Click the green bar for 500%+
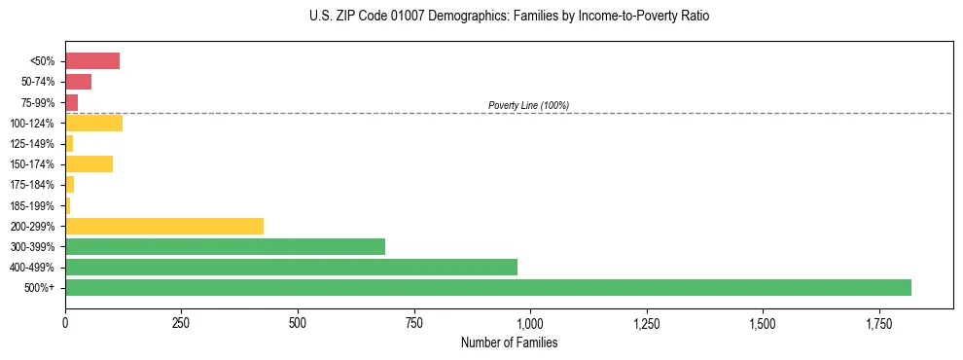click(x=488, y=287)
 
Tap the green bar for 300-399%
click(x=225, y=246)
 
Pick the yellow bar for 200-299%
click(x=164, y=226)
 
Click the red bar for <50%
click(x=92, y=61)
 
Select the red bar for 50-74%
click(x=78, y=82)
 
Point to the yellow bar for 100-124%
click(x=93, y=123)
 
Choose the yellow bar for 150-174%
click(x=89, y=163)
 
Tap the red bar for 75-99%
click(x=71, y=102)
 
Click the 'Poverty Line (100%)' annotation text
click(x=528, y=105)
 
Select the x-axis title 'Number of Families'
click(x=509, y=342)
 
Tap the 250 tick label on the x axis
click(x=181, y=323)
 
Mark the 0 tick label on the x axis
click(x=65, y=323)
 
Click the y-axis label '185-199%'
click(x=31, y=205)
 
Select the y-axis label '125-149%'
click(x=31, y=144)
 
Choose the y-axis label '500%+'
click(x=39, y=288)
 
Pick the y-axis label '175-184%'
click(x=31, y=185)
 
